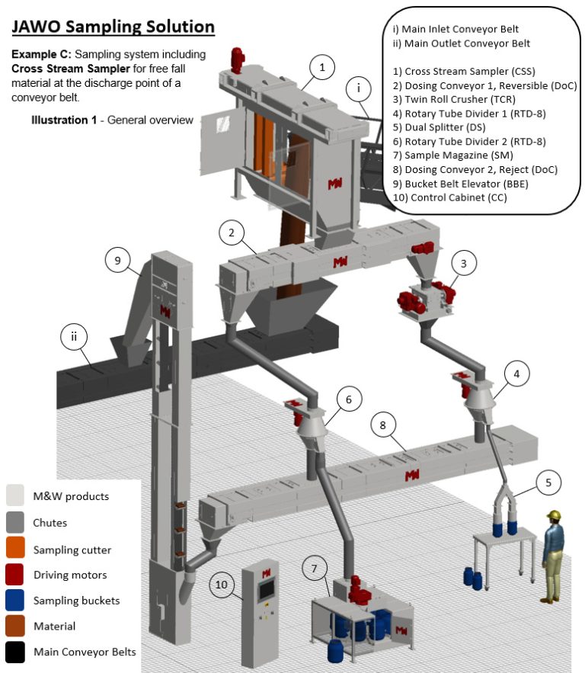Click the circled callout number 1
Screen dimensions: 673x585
coord(322,68)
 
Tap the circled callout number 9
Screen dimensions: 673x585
coord(118,261)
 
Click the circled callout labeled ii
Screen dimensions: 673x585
coord(72,336)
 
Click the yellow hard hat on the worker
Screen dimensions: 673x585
coord(554,516)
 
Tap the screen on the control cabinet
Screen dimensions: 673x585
coord(267,590)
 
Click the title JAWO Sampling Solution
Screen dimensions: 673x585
coord(113,27)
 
